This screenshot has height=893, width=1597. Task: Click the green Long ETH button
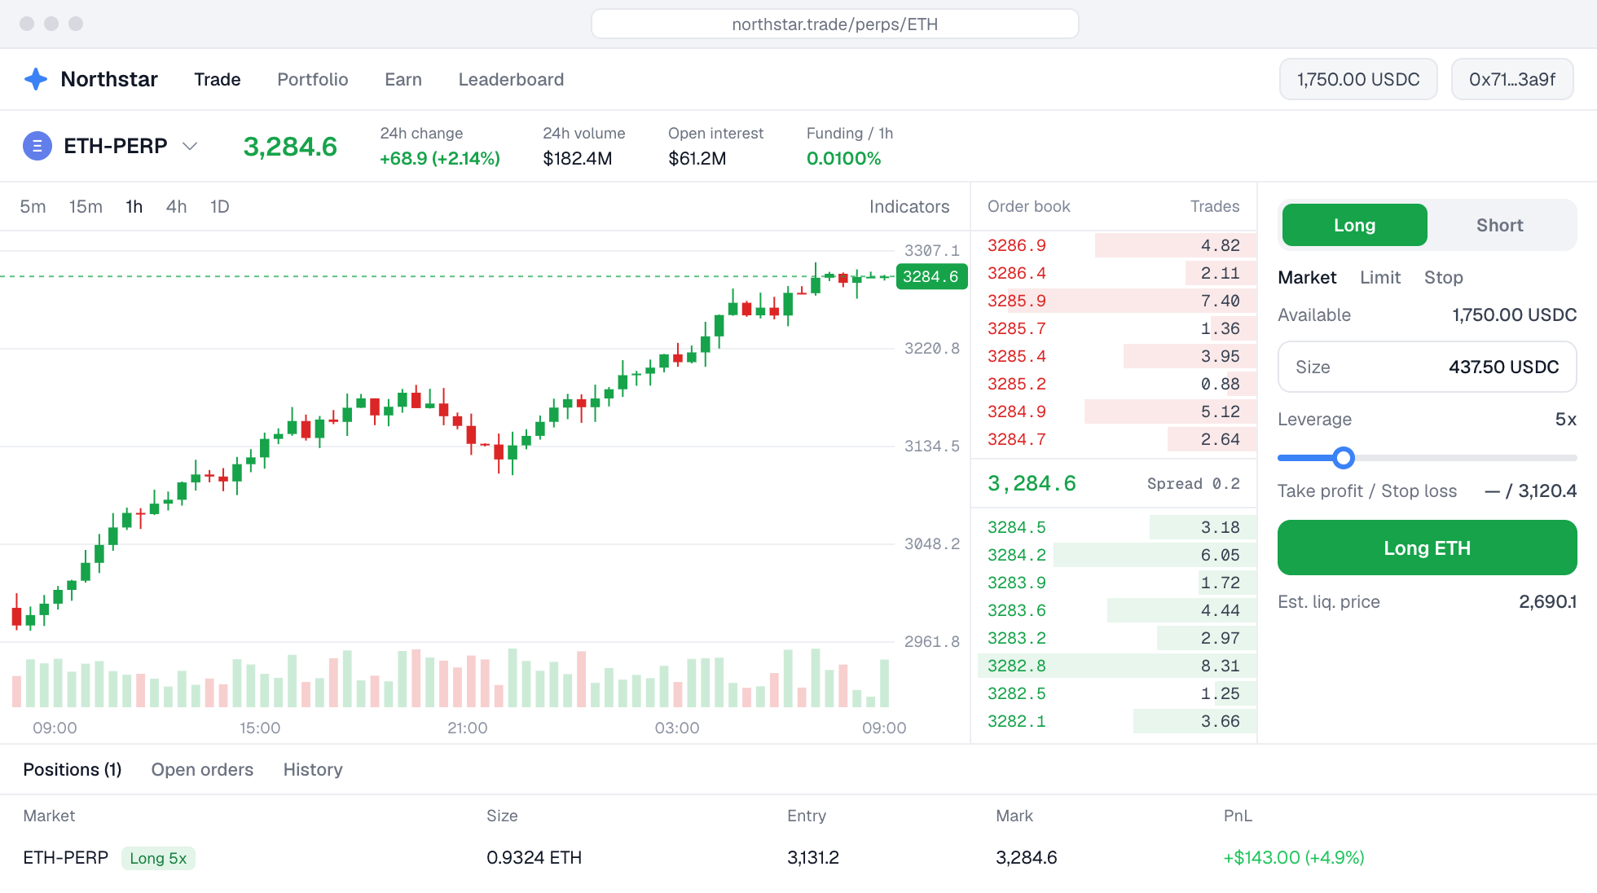1427,548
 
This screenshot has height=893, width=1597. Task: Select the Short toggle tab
1499,225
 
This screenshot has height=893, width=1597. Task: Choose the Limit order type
1380,277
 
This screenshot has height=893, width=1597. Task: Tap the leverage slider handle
1344,458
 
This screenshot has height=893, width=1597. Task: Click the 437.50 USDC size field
1427,367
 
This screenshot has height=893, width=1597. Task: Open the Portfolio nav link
313,79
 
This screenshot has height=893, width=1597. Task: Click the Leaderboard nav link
511,79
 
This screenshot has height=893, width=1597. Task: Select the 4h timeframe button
176,206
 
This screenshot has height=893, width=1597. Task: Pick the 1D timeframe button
219,206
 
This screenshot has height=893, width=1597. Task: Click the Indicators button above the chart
909,206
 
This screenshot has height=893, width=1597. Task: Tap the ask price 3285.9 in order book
1016,301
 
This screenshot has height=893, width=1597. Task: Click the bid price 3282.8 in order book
1016,666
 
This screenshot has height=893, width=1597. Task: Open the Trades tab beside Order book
1215,206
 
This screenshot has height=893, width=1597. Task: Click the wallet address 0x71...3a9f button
1512,79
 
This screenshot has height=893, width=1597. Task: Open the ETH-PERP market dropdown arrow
190,146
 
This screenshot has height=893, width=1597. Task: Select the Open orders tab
202,769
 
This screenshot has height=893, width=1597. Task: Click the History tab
313,769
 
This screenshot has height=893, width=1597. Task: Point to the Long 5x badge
158,858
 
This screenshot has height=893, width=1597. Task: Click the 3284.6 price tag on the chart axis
931,276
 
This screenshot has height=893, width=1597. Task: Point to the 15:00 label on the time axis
260,728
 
